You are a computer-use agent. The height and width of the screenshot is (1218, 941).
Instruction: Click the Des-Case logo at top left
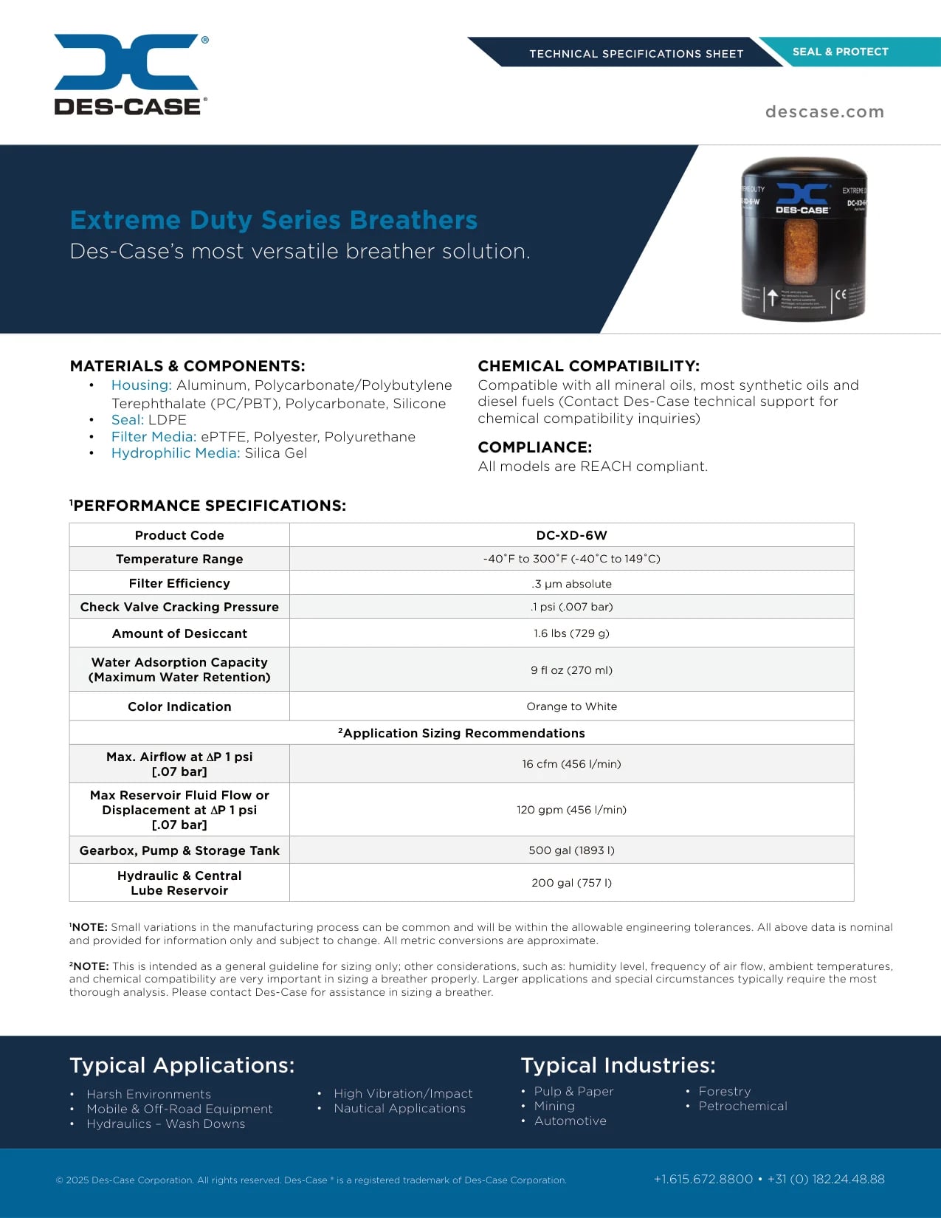click(x=131, y=75)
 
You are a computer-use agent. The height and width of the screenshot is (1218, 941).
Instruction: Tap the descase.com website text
click(x=824, y=112)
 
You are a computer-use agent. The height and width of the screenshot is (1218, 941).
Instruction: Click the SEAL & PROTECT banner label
click(x=840, y=52)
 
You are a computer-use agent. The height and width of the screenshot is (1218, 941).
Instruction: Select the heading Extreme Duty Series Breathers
click(x=273, y=220)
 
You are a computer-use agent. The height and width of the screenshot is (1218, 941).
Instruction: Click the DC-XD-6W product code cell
click(x=571, y=535)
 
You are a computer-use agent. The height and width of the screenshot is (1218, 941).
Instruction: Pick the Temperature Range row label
click(x=179, y=559)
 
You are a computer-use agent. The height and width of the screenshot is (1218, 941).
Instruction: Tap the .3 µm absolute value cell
click(x=571, y=584)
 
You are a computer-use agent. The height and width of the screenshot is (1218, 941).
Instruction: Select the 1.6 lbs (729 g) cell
click(x=571, y=633)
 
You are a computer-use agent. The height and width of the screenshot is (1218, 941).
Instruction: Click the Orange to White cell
click(x=571, y=706)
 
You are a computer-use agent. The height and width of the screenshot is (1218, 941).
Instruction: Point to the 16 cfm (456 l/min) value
click(x=571, y=764)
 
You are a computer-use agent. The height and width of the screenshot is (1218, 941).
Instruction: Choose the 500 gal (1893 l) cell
click(x=571, y=850)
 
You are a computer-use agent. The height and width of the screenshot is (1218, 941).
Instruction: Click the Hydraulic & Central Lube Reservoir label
click(x=179, y=883)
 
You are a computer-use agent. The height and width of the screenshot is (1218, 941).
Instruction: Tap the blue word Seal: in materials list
click(x=128, y=420)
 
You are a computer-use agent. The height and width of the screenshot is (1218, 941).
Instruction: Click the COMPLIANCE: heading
click(x=534, y=447)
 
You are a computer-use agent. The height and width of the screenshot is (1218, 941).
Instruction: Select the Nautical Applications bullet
click(x=399, y=1109)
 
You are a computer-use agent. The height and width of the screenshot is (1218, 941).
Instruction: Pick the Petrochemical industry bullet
click(x=742, y=1106)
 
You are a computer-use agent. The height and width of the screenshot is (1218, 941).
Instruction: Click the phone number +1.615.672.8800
click(x=703, y=1179)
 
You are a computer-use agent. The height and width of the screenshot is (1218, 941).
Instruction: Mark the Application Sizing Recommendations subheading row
click(x=461, y=733)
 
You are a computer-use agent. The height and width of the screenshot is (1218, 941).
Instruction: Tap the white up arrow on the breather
click(x=772, y=297)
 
